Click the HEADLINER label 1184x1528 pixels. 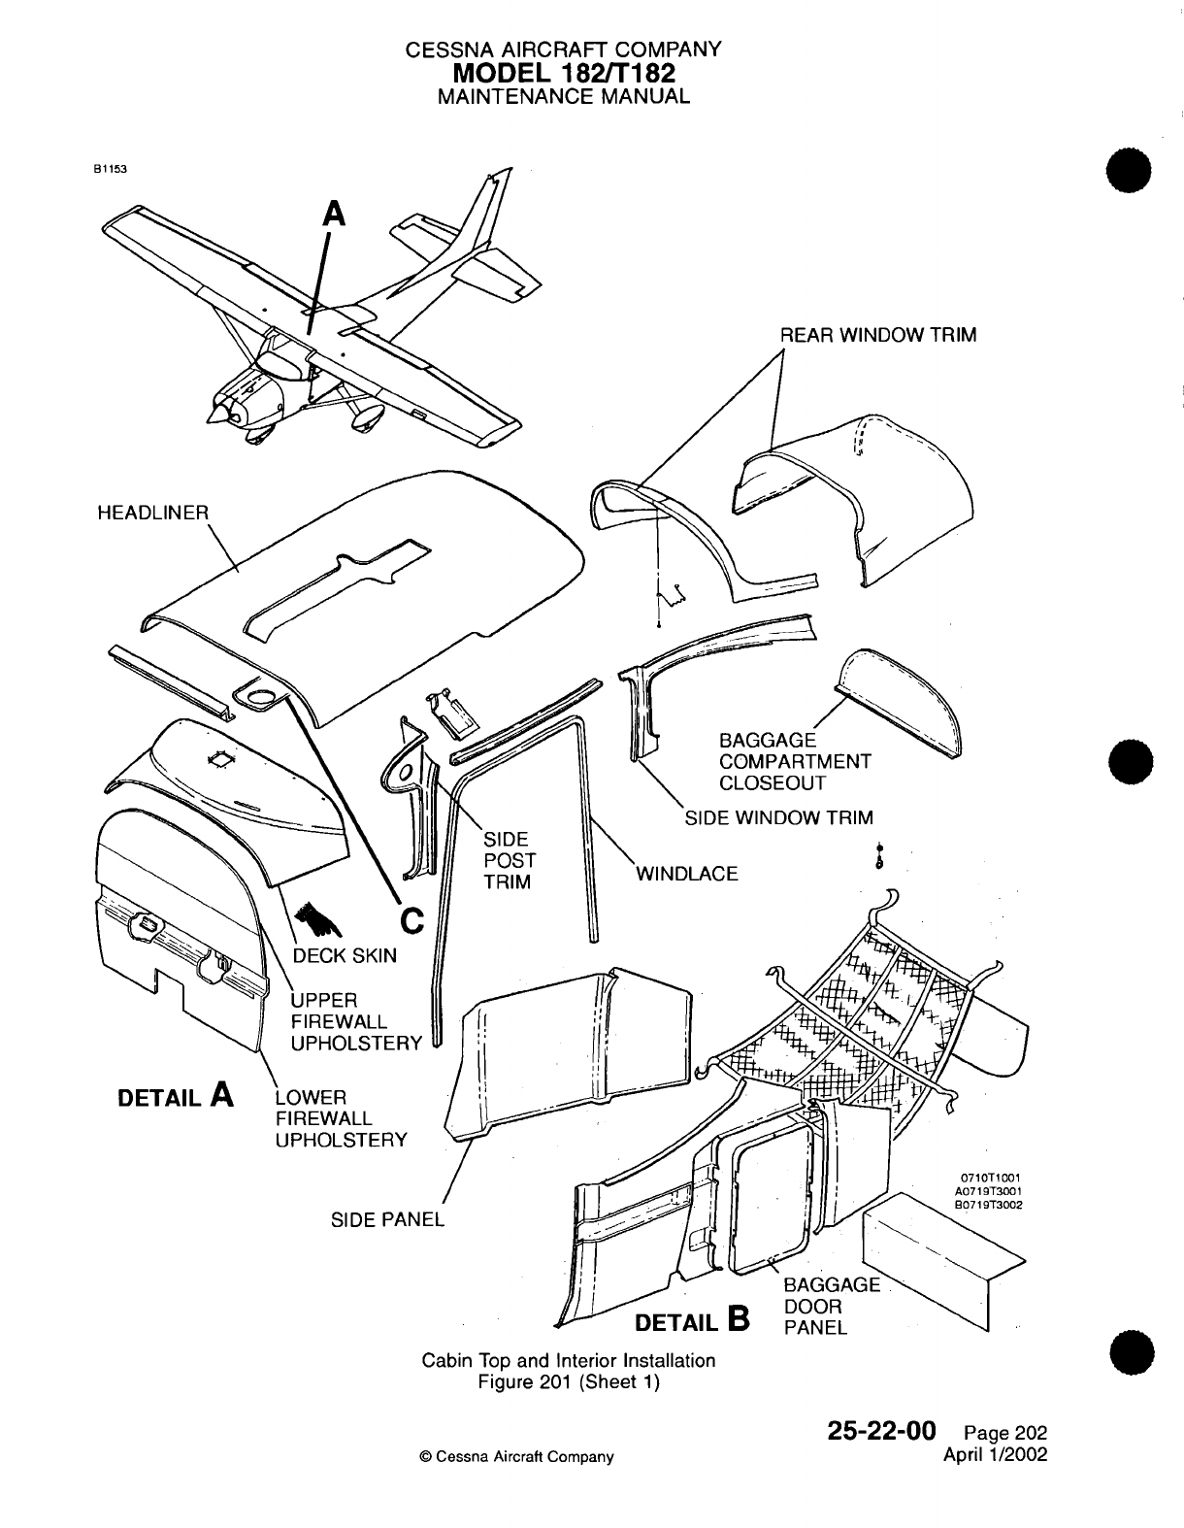click(153, 512)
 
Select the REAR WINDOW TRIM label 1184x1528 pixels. click(878, 336)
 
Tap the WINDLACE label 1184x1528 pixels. click(686, 874)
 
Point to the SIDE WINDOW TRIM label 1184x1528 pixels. click(778, 817)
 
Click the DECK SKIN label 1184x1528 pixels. click(345, 955)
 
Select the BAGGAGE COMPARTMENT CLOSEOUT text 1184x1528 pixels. click(795, 762)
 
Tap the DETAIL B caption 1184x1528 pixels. click(691, 1321)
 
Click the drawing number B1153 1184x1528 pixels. click(110, 167)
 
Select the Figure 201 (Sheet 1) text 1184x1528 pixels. click(569, 1382)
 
